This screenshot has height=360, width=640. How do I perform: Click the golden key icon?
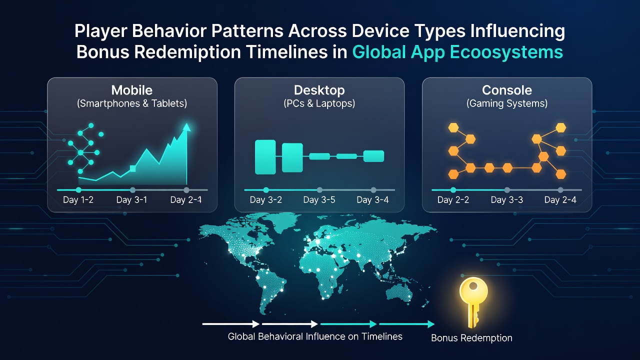473,301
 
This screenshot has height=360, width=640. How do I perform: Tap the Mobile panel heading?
131,90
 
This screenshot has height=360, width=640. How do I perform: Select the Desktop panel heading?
319,90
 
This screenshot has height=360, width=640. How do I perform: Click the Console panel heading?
507,90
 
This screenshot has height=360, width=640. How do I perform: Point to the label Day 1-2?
78,199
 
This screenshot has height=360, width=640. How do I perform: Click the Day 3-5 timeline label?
319,199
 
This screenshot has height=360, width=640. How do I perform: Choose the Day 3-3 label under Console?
507,199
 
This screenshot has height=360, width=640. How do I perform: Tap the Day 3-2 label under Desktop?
265,199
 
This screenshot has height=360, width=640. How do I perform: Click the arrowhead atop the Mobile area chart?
187,127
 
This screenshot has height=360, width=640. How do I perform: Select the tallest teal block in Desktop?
265,157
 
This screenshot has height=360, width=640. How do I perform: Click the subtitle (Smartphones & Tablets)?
132,103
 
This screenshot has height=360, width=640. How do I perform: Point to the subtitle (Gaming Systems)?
507,103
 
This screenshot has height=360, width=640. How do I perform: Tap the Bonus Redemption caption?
471,338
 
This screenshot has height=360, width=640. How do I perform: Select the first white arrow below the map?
231,324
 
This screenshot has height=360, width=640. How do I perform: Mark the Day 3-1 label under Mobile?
131,199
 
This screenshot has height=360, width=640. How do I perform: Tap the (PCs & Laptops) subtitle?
319,103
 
